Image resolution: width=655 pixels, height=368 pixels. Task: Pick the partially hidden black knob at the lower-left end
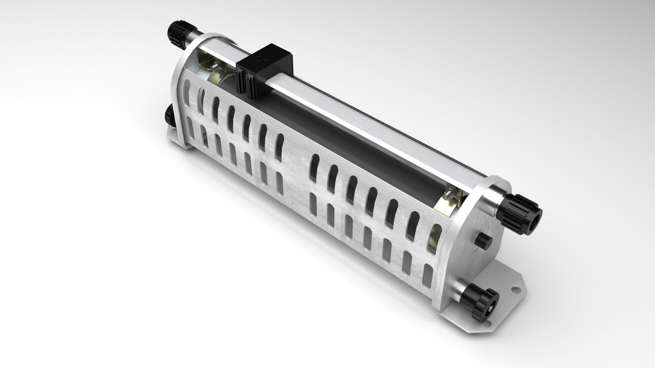click(x=169, y=116)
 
